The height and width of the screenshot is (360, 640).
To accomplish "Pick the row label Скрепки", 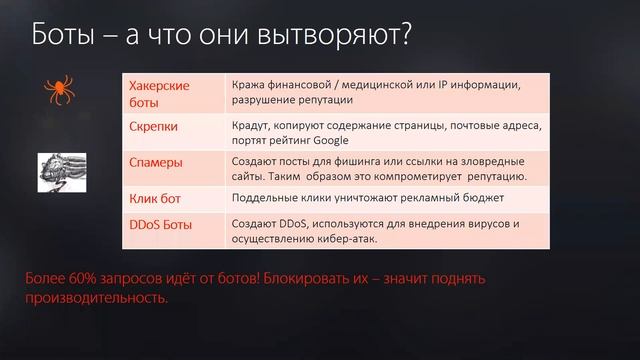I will [x=154, y=128].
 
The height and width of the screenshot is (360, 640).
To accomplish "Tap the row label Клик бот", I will [x=155, y=199].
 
